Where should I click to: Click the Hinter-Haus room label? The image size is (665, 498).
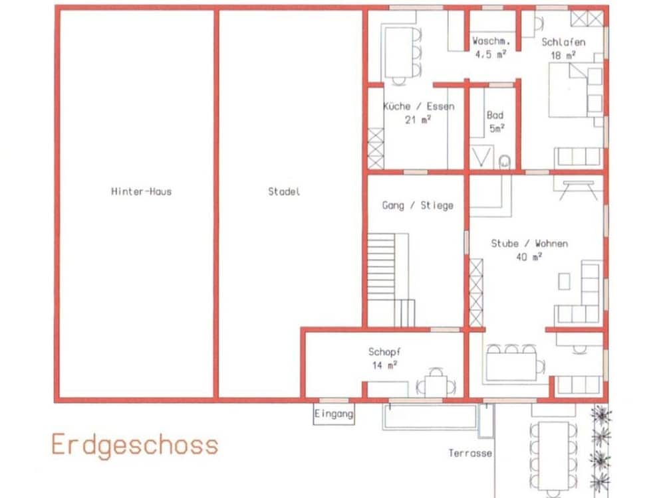click(141, 191)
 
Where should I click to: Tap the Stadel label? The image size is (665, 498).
click(284, 191)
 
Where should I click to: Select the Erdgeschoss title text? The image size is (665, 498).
click(135, 445)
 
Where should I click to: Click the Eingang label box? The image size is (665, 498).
click(334, 414)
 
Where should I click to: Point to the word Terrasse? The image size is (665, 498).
click(470, 453)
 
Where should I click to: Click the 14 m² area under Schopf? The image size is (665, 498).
click(384, 365)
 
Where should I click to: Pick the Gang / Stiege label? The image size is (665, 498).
click(418, 205)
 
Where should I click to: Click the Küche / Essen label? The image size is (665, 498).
click(418, 106)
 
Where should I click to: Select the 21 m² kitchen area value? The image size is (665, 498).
click(418, 120)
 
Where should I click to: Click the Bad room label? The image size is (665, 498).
click(495, 115)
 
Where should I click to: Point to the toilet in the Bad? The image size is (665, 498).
click(504, 162)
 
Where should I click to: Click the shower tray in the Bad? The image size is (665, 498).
click(481, 157)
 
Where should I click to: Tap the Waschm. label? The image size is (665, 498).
click(491, 41)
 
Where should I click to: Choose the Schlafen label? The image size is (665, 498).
click(563, 42)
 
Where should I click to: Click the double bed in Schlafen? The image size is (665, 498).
click(575, 90)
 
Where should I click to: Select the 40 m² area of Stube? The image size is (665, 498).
click(529, 256)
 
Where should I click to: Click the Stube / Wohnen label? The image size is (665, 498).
click(529, 244)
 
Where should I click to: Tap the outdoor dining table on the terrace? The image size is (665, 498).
click(553, 456)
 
